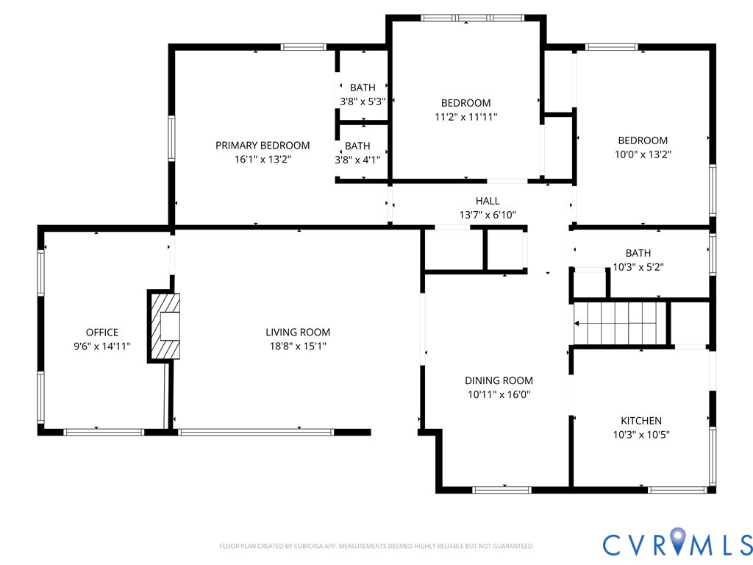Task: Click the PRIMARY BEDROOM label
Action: click(x=263, y=145)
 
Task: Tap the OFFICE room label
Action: click(x=101, y=332)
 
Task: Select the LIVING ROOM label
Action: click(x=298, y=332)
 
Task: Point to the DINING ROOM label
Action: click(x=499, y=380)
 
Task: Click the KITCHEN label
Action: click(x=641, y=421)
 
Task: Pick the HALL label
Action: click(x=488, y=201)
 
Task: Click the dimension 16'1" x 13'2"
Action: click(x=263, y=159)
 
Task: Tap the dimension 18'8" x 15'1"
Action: click(x=298, y=346)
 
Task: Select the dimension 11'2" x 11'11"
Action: click(x=465, y=117)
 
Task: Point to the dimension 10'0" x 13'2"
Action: click(x=643, y=154)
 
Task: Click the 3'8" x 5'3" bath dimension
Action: click(x=363, y=102)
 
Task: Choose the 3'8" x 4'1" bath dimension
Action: click(x=358, y=160)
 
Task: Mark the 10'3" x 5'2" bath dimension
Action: click(x=638, y=266)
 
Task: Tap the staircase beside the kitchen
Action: click(x=620, y=324)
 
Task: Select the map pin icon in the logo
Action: click(x=677, y=540)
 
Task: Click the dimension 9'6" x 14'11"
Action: click(x=101, y=346)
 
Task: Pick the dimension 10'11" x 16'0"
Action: click(x=499, y=394)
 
